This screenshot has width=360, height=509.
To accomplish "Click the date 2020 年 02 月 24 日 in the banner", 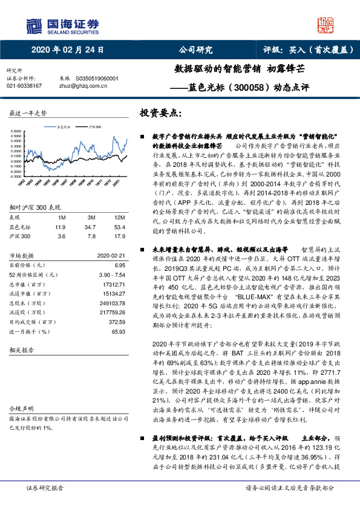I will (x=67, y=50).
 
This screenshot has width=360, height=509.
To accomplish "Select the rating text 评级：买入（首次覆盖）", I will (x=309, y=50).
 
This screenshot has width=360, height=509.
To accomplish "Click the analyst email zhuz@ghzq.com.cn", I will (x=85, y=86).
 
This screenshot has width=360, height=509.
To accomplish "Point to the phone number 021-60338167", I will (x=24, y=86).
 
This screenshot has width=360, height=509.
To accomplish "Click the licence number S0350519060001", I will (x=97, y=79).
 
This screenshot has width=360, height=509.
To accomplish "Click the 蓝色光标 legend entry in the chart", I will (x=64, y=127).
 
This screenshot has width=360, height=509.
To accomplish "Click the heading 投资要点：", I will (x=160, y=113).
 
